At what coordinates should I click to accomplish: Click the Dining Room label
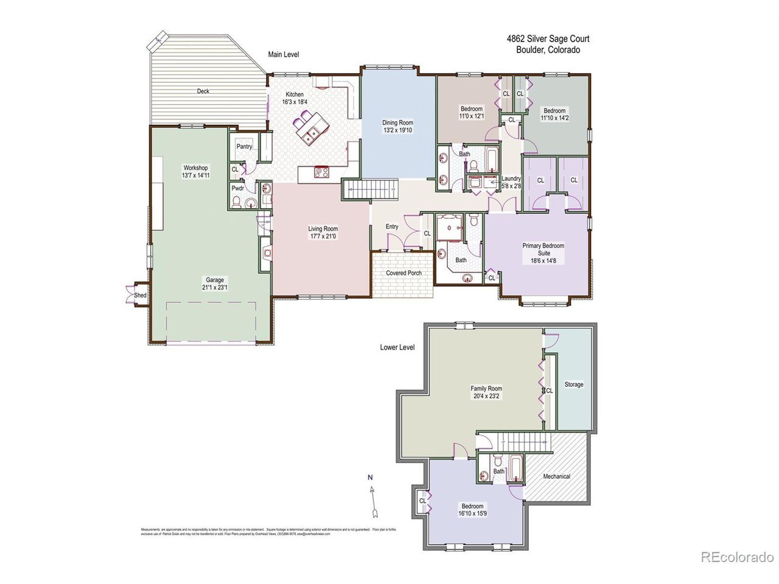pos(397,122)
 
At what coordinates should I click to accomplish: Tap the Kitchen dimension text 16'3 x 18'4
pos(295,102)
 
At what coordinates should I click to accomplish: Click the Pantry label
pos(244,147)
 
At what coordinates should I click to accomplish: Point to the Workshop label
pos(196,168)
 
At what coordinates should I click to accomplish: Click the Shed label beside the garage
pos(141,296)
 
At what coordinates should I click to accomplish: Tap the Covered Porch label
pos(404,273)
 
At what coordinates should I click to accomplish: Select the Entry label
pos(392,227)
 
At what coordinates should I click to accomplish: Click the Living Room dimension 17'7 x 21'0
pos(323,236)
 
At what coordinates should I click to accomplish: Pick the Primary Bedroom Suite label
pos(543,249)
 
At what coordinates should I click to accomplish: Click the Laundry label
pos(511,179)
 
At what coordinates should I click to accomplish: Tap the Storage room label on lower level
pos(573,384)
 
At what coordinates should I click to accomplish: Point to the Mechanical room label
pos(556,476)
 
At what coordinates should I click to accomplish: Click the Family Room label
pos(486,388)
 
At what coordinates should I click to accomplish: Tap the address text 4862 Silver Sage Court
pos(548,39)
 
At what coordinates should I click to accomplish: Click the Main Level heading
pos(284,54)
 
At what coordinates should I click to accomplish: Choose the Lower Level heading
pos(397,347)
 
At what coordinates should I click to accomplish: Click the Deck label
pos(203,91)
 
